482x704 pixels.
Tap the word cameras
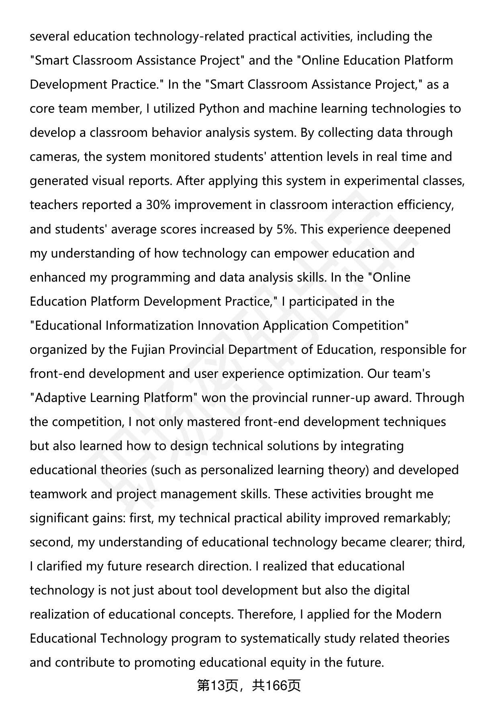pyautogui.click(x=55, y=157)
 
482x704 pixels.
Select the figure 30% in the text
pyautogui.click(x=158, y=205)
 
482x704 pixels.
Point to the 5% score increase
pyautogui.click(x=286, y=229)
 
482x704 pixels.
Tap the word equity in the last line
pyautogui.click(x=287, y=662)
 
